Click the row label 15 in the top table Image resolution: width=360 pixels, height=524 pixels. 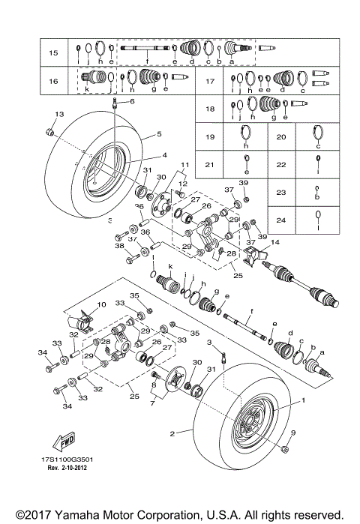tap(52, 53)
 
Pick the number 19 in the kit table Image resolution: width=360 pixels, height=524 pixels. tap(211, 137)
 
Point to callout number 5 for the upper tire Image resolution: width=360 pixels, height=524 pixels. tap(159, 135)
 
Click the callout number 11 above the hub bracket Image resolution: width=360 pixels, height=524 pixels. tap(181, 164)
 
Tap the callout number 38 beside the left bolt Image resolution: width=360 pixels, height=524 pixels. tap(118, 245)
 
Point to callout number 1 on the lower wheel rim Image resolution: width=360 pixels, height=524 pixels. tap(304, 401)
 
